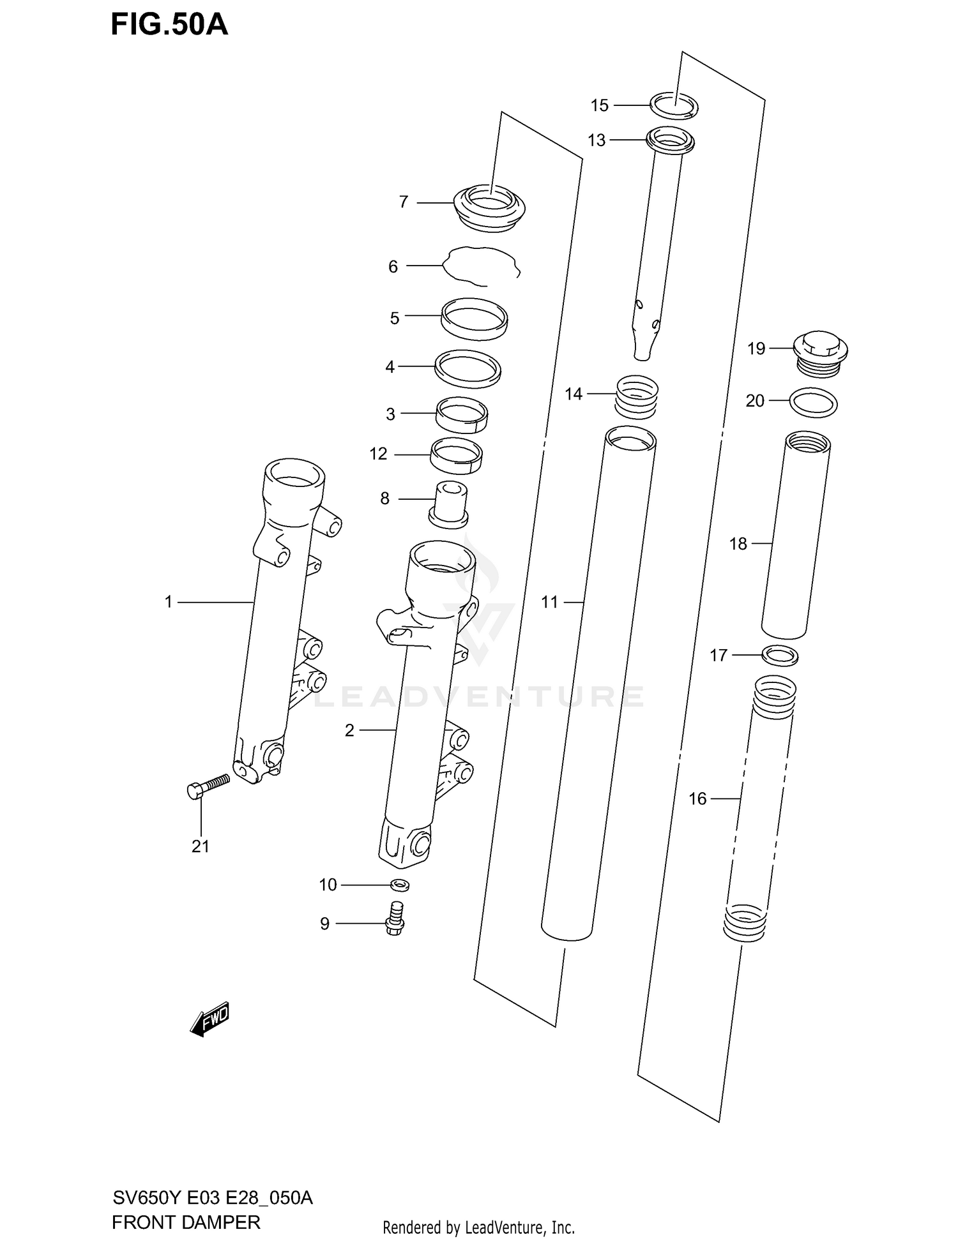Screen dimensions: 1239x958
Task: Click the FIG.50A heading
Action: click(169, 24)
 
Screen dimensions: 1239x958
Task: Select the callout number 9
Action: click(324, 924)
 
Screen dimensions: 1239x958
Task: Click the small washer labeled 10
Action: click(400, 885)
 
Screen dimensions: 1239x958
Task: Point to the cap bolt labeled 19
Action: click(820, 353)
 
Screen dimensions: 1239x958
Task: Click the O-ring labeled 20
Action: click(813, 403)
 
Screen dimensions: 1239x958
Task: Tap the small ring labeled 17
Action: click(780, 655)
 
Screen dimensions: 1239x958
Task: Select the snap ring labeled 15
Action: click(674, 105)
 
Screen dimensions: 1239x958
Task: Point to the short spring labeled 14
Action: click(637, 396)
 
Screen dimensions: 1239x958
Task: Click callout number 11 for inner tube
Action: click(549, 602)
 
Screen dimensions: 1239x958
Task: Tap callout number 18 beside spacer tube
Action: click(738, 544)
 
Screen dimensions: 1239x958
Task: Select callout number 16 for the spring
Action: click(697, 799)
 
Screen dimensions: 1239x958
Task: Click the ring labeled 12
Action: click(456, 456)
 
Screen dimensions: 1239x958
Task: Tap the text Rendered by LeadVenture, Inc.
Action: click(478, 1227)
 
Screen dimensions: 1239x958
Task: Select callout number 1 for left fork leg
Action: click(169, 602)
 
